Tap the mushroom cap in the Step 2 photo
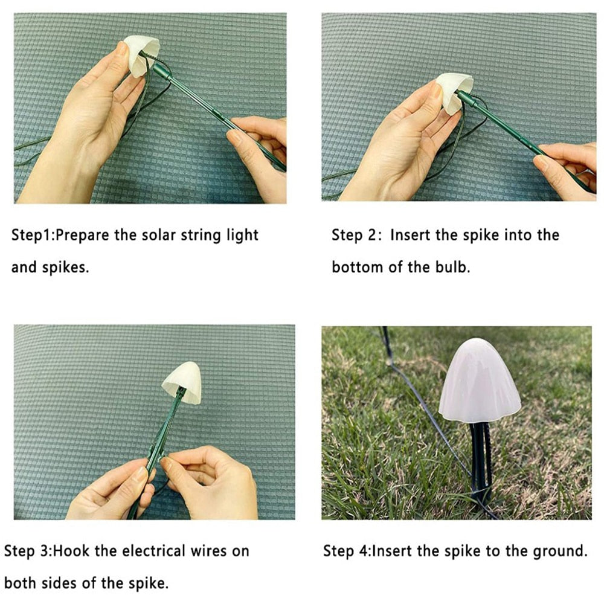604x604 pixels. (x=455, y=92)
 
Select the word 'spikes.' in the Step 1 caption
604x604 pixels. (x=65, y=268)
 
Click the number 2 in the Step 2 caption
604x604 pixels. (x=373, y=235)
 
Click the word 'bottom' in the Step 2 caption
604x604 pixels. (x=357, y=267)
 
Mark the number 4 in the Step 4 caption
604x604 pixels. (x=364, y=551)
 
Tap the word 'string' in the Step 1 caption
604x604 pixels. (x=201, y=236)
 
